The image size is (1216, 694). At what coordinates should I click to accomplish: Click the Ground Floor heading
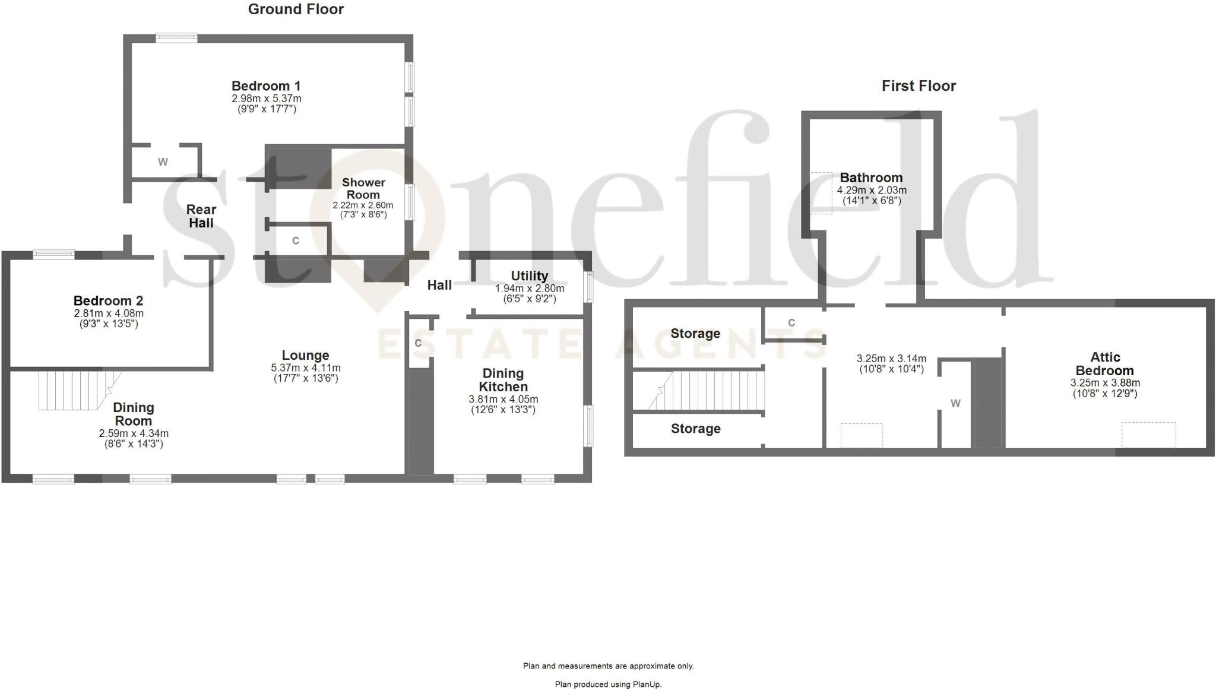tap(296, 9)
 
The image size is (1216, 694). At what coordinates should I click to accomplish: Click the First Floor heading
tap(919, 86)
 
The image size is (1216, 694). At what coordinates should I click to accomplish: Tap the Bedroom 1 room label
tap(266, 86)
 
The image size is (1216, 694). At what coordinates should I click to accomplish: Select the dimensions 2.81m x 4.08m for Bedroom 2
tap(109, 313)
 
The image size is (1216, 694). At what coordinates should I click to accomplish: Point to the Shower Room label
tap(363, 189)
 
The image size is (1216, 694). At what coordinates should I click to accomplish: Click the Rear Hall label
tap(201, 216)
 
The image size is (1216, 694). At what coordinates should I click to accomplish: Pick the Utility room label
tap(529, 276)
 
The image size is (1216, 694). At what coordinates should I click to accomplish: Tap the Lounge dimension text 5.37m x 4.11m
tap(306, 368)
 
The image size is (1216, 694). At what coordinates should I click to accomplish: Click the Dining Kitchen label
tap(503, 380)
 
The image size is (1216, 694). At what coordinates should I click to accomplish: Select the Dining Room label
tap(134, 414)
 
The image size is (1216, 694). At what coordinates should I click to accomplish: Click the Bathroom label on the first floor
tap(871, 178)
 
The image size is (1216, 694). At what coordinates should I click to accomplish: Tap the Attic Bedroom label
tap(1105, 364)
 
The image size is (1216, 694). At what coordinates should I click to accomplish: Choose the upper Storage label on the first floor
tap(695, 334)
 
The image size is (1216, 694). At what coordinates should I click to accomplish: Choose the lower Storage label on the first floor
tap(695, 429)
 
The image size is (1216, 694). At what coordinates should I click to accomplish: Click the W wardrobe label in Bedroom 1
tap(163, 162)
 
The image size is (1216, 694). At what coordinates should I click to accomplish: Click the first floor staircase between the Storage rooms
tap(712, 391)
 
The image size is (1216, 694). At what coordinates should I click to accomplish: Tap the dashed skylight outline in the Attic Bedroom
tap(1148, 435)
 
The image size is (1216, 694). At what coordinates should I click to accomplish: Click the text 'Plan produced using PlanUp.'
tap(608, 685)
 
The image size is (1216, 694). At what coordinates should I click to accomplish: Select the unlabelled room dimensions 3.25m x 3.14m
tap(891, 359)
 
